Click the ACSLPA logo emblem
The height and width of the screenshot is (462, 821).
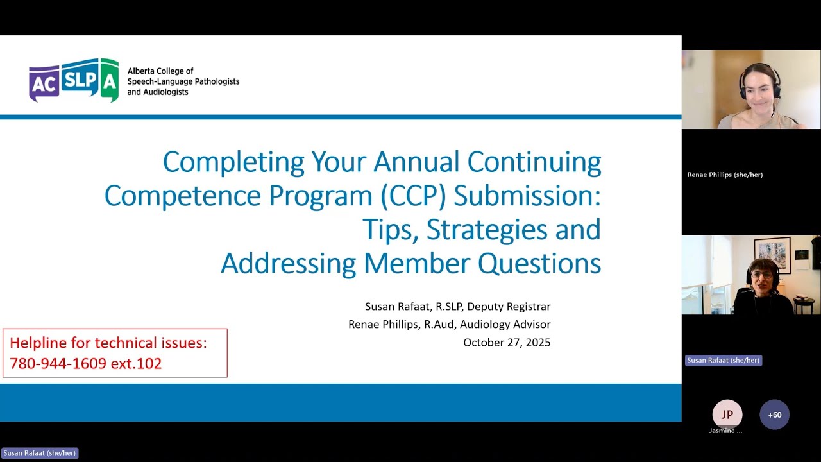click(74, 80)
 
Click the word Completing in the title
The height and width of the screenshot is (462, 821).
click(233, 162)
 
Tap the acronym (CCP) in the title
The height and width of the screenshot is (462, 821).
click(413, 196)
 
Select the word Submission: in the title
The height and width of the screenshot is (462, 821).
click(527, 196)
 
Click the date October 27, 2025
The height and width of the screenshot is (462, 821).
click(507, 342)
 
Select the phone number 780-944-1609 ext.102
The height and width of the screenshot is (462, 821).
click(85, 363)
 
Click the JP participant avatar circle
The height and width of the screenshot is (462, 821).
click(727, 415)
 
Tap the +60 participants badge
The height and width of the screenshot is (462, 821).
click(774, 415)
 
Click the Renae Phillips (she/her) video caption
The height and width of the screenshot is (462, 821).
click(725, 175)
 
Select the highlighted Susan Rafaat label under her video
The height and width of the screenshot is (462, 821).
click(723, 360)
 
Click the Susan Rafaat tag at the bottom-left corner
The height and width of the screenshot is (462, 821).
click(40, 453)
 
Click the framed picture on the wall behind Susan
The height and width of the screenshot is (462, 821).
click(772, 255)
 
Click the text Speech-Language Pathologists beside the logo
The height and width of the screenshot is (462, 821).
click(183, 81)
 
